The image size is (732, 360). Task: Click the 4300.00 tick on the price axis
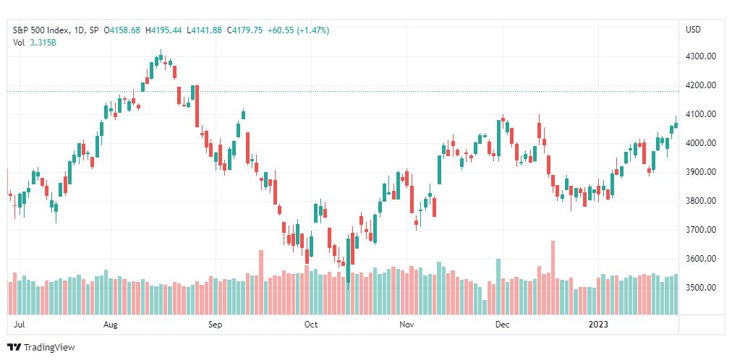coord(700,56)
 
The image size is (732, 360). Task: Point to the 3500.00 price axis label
coord(700,287)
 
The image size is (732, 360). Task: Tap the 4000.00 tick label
coord(700,143)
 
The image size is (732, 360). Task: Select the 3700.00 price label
coord(700,229)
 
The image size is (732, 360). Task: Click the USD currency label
coord(693,30)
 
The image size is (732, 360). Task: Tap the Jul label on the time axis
coord(20,325)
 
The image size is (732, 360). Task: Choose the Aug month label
coord(111,325)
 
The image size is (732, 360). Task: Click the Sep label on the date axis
coord(216,325)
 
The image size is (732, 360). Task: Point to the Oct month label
coord(310,325)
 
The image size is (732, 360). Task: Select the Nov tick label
coord(407,325)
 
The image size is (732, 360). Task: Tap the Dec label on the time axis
coord(502,325)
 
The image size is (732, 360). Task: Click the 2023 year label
coord(598,325)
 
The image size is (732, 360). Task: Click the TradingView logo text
coord(49,348)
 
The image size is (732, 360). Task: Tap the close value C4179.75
coord(244,30)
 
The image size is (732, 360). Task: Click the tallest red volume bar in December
coord(553,278)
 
